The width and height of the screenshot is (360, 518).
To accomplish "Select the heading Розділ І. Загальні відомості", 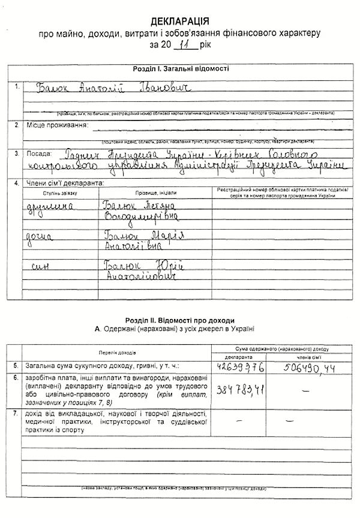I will tap(181, 69).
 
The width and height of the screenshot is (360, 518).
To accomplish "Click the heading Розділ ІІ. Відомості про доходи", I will tap(180, 320).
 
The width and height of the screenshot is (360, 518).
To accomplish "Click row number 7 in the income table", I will tap(15, 414).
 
